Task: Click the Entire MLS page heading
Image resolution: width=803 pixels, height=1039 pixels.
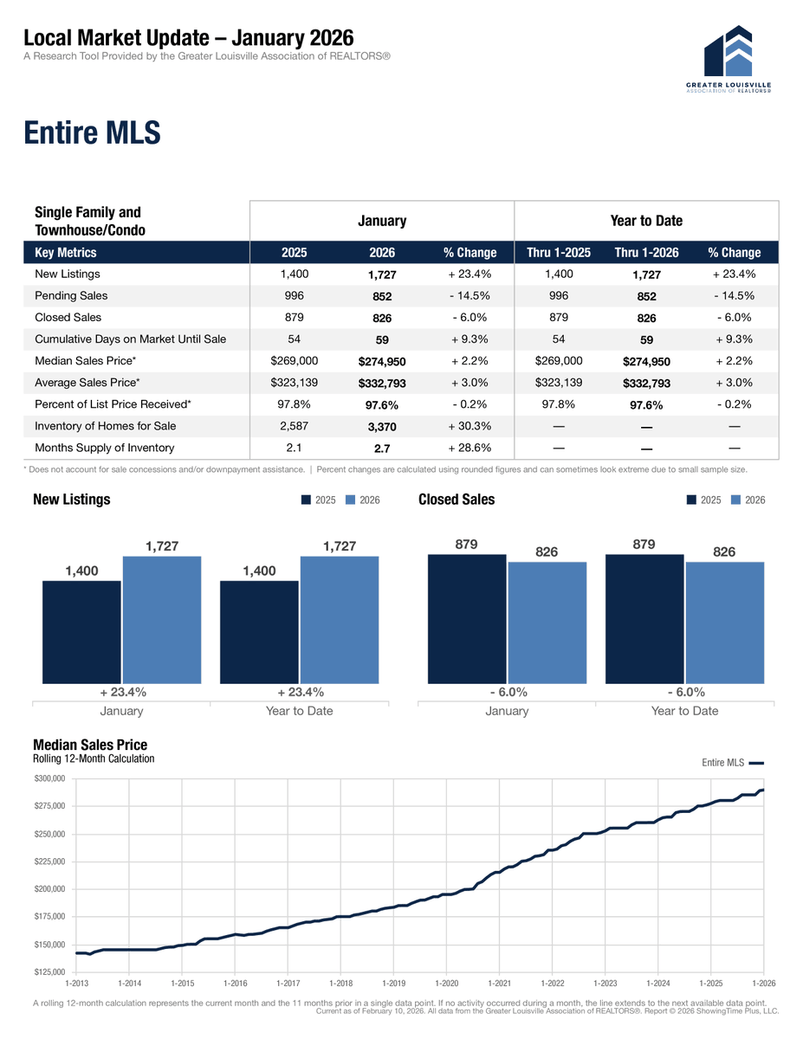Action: (92, 133)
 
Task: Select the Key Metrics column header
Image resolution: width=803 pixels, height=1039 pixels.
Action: (66, 253)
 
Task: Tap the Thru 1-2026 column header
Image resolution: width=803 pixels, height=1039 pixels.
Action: (646, 253)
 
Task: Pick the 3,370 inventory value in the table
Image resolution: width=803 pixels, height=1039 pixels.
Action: (381, 427)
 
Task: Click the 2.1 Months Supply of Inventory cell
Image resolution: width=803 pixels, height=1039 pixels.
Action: (294, 448)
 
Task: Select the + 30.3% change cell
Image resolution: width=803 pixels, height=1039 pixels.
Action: (469, 426)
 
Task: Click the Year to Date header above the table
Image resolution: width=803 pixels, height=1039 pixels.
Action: (646, 221)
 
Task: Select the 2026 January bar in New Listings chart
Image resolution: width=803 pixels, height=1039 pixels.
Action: (162, 620)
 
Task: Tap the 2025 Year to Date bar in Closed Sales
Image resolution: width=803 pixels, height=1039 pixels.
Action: (644, 620)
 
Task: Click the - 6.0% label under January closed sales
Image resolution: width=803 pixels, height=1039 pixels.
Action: (507, 692)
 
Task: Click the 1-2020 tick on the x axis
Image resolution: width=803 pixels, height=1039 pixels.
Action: (446, 984)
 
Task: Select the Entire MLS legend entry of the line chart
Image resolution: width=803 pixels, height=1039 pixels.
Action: (731, 763)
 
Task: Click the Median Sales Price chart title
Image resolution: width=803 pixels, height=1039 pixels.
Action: (90, 745)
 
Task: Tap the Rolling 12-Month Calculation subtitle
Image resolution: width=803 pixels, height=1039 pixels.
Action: (94, 759)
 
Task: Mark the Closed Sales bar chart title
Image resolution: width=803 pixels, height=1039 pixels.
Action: (457, 500)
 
